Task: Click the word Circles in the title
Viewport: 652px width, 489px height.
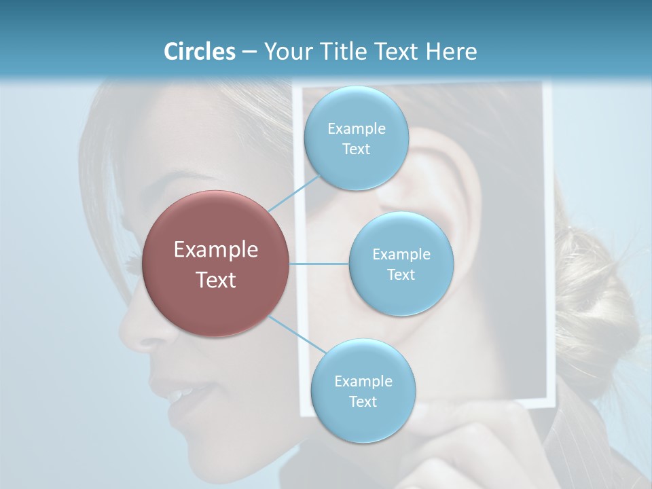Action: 200,52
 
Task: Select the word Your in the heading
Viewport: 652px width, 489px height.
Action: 285,52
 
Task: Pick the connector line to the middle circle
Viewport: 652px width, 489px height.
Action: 319,264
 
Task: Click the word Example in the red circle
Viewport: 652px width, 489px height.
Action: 216,250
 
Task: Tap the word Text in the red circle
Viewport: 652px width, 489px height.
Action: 216,280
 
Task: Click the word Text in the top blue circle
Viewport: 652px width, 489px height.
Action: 356,149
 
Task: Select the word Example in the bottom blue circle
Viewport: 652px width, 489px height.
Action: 363,381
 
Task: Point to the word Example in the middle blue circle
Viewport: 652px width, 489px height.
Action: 401,255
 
